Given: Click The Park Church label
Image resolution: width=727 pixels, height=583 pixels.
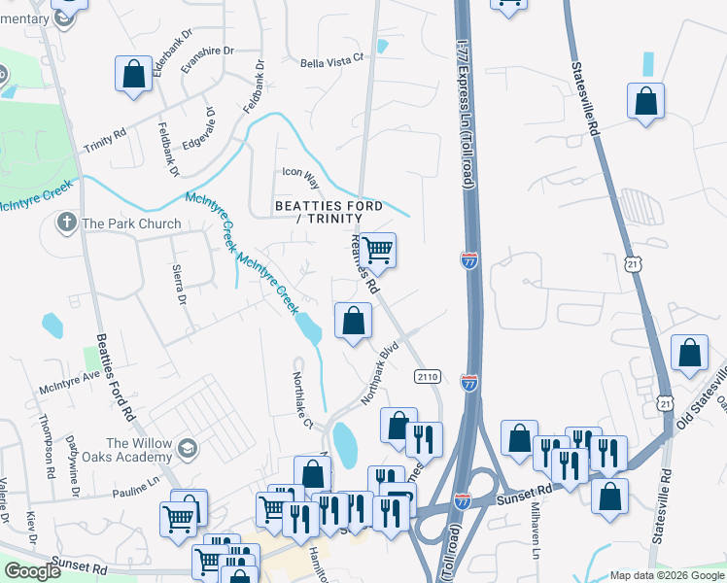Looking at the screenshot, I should [x=131, y=223].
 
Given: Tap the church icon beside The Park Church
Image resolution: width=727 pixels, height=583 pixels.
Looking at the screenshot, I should [x=67, y=223].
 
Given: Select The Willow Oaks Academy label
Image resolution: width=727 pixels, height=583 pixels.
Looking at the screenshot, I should [x=141, y=451].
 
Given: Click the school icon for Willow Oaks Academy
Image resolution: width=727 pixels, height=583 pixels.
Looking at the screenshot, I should [x=188, y=449].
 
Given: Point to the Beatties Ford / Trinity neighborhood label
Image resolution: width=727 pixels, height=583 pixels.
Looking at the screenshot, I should [x=329, y=213].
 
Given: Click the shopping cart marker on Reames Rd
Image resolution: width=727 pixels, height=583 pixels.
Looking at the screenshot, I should [x=378, y=250].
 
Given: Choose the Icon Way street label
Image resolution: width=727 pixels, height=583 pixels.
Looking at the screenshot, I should [x=300, y=172].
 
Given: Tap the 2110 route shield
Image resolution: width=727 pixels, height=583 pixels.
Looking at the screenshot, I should [x=428, y=376].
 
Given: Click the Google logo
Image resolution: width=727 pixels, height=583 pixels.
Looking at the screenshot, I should [x=33, y=571].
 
